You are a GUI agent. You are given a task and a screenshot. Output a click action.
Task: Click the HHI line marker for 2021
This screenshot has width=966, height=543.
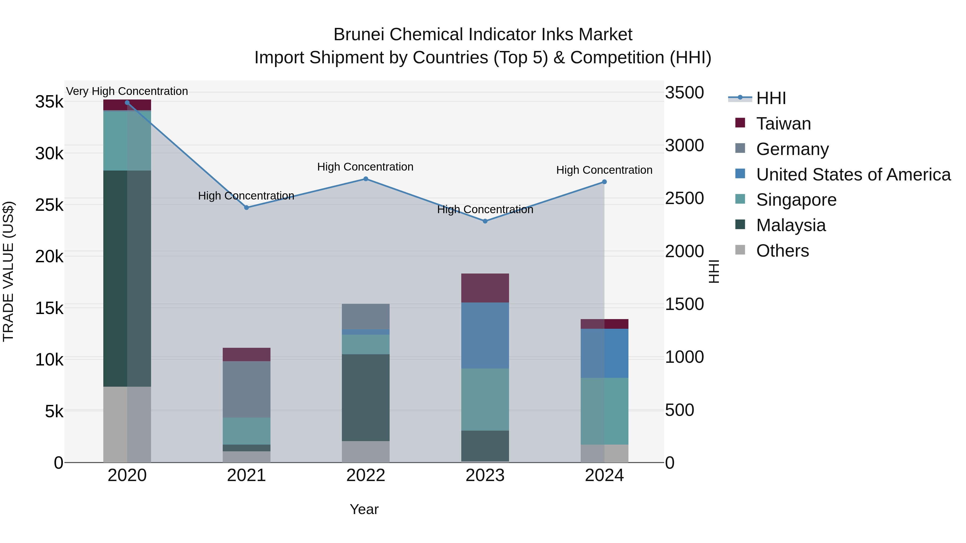tap(246, 208)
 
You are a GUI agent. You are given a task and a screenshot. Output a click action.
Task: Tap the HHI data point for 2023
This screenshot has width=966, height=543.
tap(485, 221)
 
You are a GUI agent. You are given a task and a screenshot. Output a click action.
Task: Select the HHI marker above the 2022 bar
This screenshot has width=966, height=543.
tap(366, 179)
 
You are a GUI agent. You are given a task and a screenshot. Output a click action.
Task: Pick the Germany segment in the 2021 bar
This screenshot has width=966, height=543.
tap(246, 389)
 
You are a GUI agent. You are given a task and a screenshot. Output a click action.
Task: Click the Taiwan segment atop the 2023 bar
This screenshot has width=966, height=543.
tap(485, 288)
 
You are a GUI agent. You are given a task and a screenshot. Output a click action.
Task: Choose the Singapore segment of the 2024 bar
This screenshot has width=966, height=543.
tap(604, 411)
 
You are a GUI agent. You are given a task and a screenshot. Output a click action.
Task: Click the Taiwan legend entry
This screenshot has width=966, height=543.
tap(783, 124)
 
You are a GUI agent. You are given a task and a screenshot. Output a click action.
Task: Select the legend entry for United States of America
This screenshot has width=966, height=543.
tap(853, 175)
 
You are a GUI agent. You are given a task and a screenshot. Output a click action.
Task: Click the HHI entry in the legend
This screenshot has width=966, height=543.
tap(771, 98)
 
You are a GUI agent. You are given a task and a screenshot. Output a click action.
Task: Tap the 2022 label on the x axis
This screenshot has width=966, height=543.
tap(366, 475)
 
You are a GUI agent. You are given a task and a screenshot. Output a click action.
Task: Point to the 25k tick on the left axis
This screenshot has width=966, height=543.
tap(49, 205)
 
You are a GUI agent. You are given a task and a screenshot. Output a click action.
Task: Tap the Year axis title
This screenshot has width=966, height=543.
tap(364, 509)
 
